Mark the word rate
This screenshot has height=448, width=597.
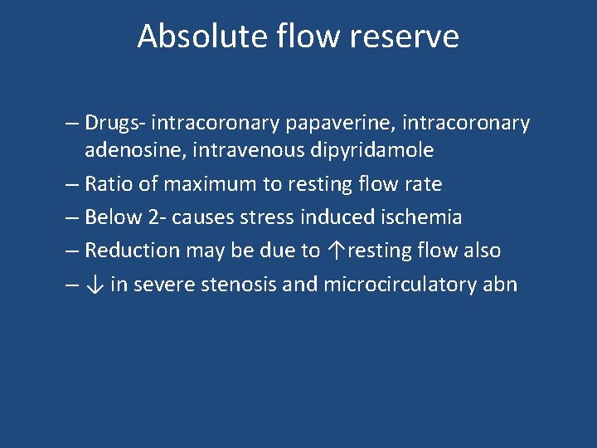point(424,183)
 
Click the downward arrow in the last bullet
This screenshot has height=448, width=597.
point(95,285)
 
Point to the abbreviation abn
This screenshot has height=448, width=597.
point(500,285)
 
